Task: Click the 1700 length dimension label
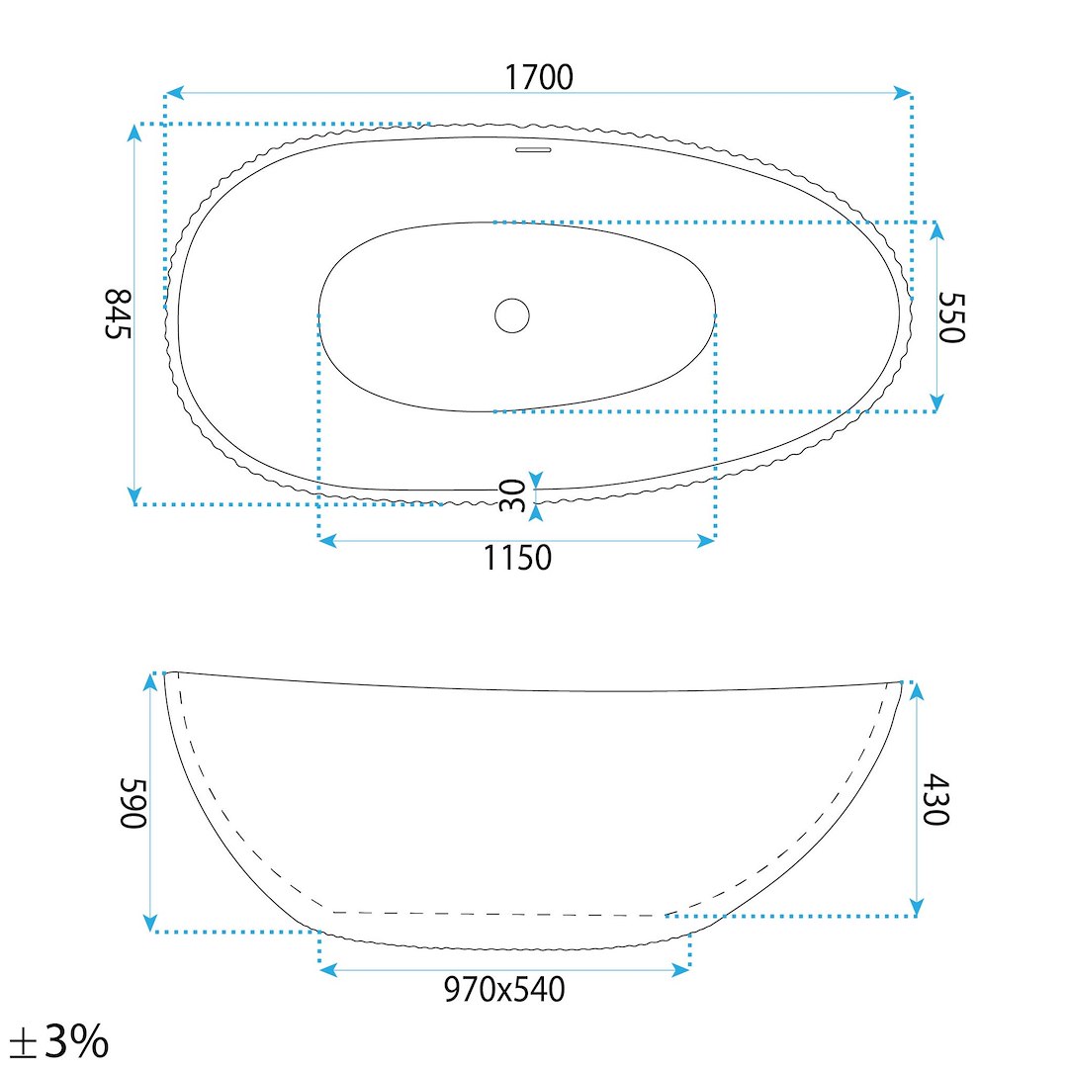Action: click(538, 77)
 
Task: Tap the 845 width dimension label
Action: click(118, 313)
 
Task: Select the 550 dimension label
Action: click(951, 317)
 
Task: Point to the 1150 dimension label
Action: click(517, 558)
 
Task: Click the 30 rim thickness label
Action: click(513, 495)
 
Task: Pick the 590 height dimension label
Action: click(133, 803)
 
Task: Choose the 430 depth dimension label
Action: click(934, 799)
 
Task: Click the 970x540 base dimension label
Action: click(504, 989)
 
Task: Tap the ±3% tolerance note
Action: click(60, 1040)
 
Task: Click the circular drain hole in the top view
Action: click(512, 315)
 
